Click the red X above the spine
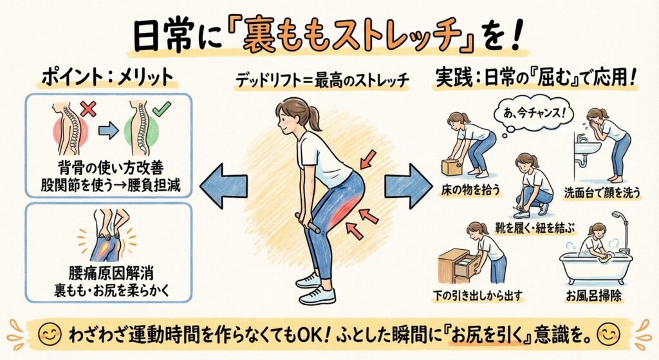coord(89,109)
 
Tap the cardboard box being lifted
coord(454,166)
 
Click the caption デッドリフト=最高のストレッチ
coord(329,81)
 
